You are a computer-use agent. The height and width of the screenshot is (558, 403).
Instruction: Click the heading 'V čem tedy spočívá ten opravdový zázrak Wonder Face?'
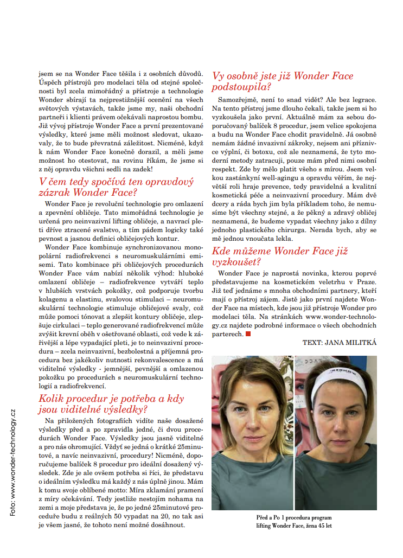pos(116,187)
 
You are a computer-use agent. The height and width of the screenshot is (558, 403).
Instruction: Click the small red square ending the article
pos(248,334)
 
